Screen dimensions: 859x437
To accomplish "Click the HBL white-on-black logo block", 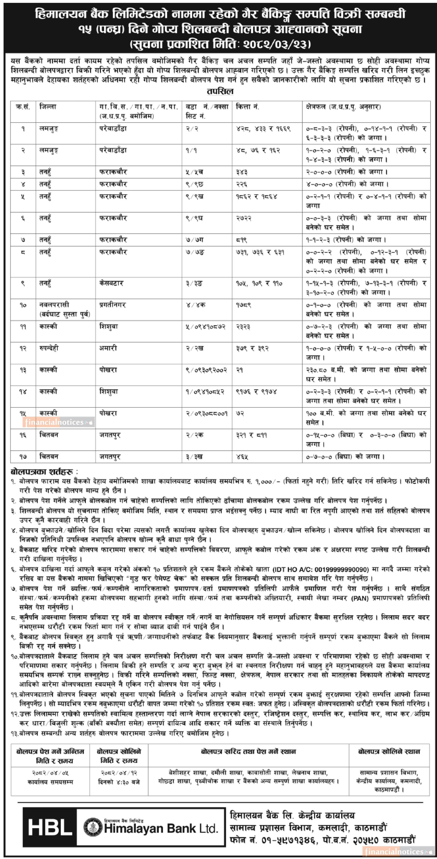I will (50, 827).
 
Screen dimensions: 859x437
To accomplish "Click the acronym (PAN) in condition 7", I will (360, 598).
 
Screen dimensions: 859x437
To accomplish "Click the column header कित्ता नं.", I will (247, 107).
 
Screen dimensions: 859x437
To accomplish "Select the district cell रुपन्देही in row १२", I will (49, 348).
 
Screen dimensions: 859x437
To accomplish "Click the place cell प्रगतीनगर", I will (112, 305).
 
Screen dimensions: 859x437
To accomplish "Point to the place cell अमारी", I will (108, 348).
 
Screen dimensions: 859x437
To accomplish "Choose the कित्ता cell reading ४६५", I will (242, 456).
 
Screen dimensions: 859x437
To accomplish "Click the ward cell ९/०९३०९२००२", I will (206, 370).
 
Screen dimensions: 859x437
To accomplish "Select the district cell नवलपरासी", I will (54, 305).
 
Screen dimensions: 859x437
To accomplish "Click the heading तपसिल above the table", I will (220, 91).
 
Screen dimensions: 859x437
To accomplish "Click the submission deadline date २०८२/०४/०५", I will (50, 773).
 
